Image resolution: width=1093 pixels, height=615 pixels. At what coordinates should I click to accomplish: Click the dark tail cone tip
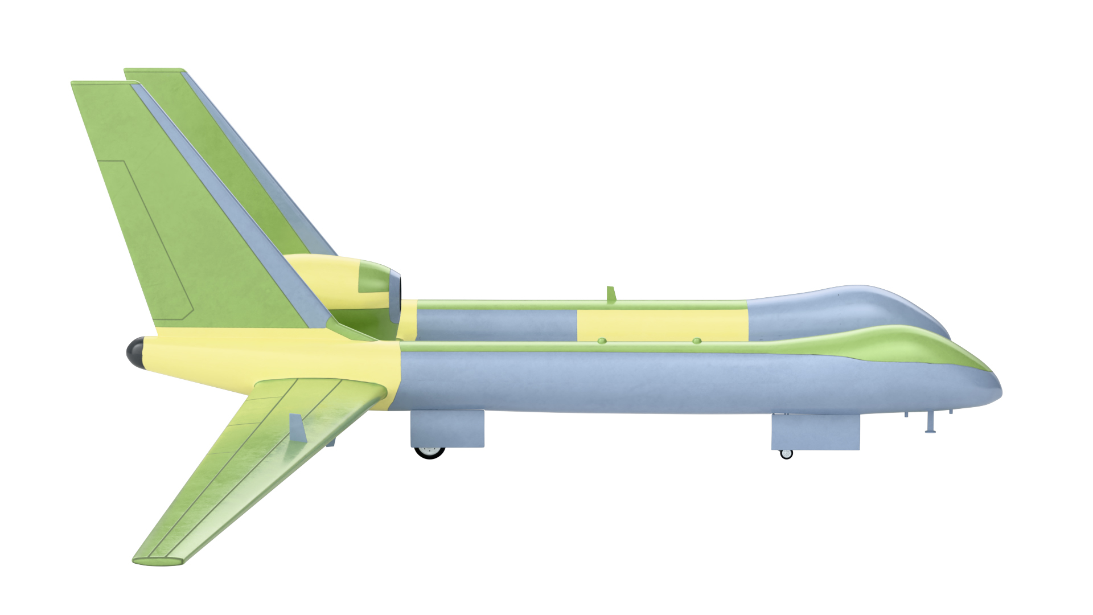134,352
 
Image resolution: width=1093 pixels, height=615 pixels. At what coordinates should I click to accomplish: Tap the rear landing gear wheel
429,452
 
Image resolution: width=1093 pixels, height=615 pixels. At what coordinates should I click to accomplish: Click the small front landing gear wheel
786,454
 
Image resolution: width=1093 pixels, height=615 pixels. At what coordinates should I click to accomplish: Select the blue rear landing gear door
447,428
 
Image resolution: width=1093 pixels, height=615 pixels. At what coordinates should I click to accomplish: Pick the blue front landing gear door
815,432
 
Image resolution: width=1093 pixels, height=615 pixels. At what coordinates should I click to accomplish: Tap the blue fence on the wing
297,428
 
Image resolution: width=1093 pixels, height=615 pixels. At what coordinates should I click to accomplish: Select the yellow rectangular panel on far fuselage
661,325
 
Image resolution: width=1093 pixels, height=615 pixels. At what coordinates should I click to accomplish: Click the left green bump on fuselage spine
602,341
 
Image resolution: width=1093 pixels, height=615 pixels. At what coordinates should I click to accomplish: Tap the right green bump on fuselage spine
697,341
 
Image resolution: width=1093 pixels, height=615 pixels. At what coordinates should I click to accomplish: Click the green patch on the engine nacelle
372,279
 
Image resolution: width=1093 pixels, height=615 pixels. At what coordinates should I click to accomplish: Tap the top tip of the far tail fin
154,71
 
